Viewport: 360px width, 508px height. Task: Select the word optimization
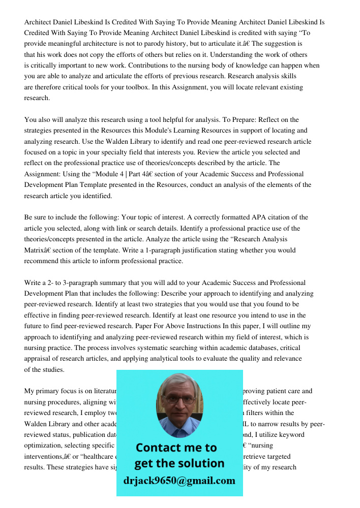pos(44,446)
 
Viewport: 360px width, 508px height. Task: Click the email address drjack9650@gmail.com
pos(179,481)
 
